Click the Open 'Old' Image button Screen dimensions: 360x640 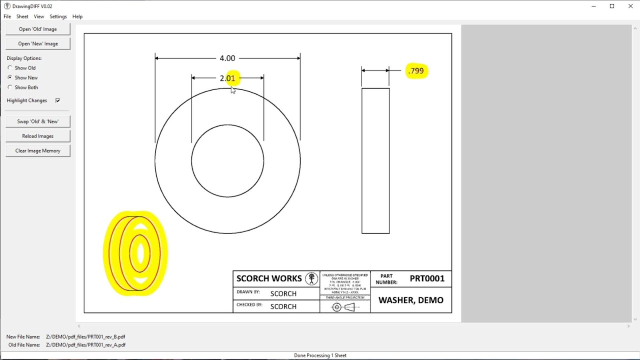[38, 29]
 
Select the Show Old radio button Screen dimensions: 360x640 [10, 68]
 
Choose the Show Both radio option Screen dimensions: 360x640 [10, 87]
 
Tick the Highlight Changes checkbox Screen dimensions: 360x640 [57, 100]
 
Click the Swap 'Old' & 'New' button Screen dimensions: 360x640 [38, 121]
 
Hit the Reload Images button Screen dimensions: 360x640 [38, 136]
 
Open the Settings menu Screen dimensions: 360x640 [58, 16]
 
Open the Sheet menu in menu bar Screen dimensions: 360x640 [22, 16]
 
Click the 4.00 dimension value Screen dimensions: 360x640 [227, 58]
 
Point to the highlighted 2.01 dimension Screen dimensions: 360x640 [227, 78]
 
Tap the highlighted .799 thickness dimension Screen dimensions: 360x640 [416, 71]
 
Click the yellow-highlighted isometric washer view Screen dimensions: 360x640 [135, 253]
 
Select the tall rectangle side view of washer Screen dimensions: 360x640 [375, 160]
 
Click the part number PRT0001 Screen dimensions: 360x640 [427, 279]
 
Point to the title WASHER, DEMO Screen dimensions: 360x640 [410, 300]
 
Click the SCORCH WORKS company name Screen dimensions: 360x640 [269, 278]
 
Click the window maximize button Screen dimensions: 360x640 [612, 6]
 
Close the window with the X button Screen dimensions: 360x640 [630, 6]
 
